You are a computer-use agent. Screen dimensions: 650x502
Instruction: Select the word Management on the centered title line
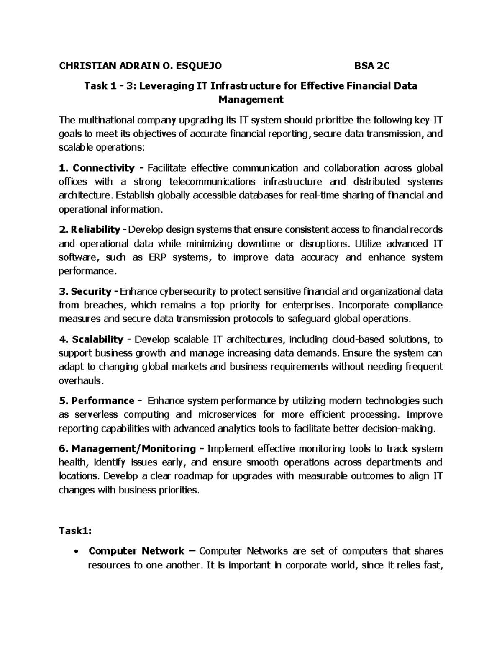[x=251, y=100]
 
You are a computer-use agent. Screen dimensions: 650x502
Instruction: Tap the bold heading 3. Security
[x=85, y=291]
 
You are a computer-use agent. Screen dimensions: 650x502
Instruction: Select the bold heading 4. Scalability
[x=91, y=339]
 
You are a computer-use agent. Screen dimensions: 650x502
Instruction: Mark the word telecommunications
[x=212, y=182]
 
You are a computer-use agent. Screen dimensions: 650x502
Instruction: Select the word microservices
[x=228, y=414]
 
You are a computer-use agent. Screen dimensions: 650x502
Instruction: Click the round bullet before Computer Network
[x=75, y=551]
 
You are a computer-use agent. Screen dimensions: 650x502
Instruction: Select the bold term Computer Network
[x=136, y=551]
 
